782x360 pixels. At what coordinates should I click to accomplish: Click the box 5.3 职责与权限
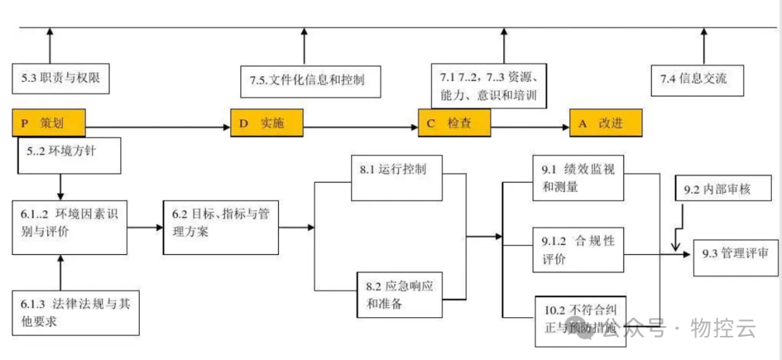61,80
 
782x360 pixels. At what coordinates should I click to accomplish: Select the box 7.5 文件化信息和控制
311,80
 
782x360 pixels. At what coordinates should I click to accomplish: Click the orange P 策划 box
49,123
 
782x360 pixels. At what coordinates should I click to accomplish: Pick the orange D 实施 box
266,124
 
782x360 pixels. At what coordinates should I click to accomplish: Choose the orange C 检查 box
454,124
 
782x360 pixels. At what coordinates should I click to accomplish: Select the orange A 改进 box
605,124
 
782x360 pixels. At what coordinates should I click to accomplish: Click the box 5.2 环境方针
68,154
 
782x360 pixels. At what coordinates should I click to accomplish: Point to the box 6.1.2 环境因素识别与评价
69,227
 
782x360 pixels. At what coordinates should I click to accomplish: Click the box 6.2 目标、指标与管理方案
220,227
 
